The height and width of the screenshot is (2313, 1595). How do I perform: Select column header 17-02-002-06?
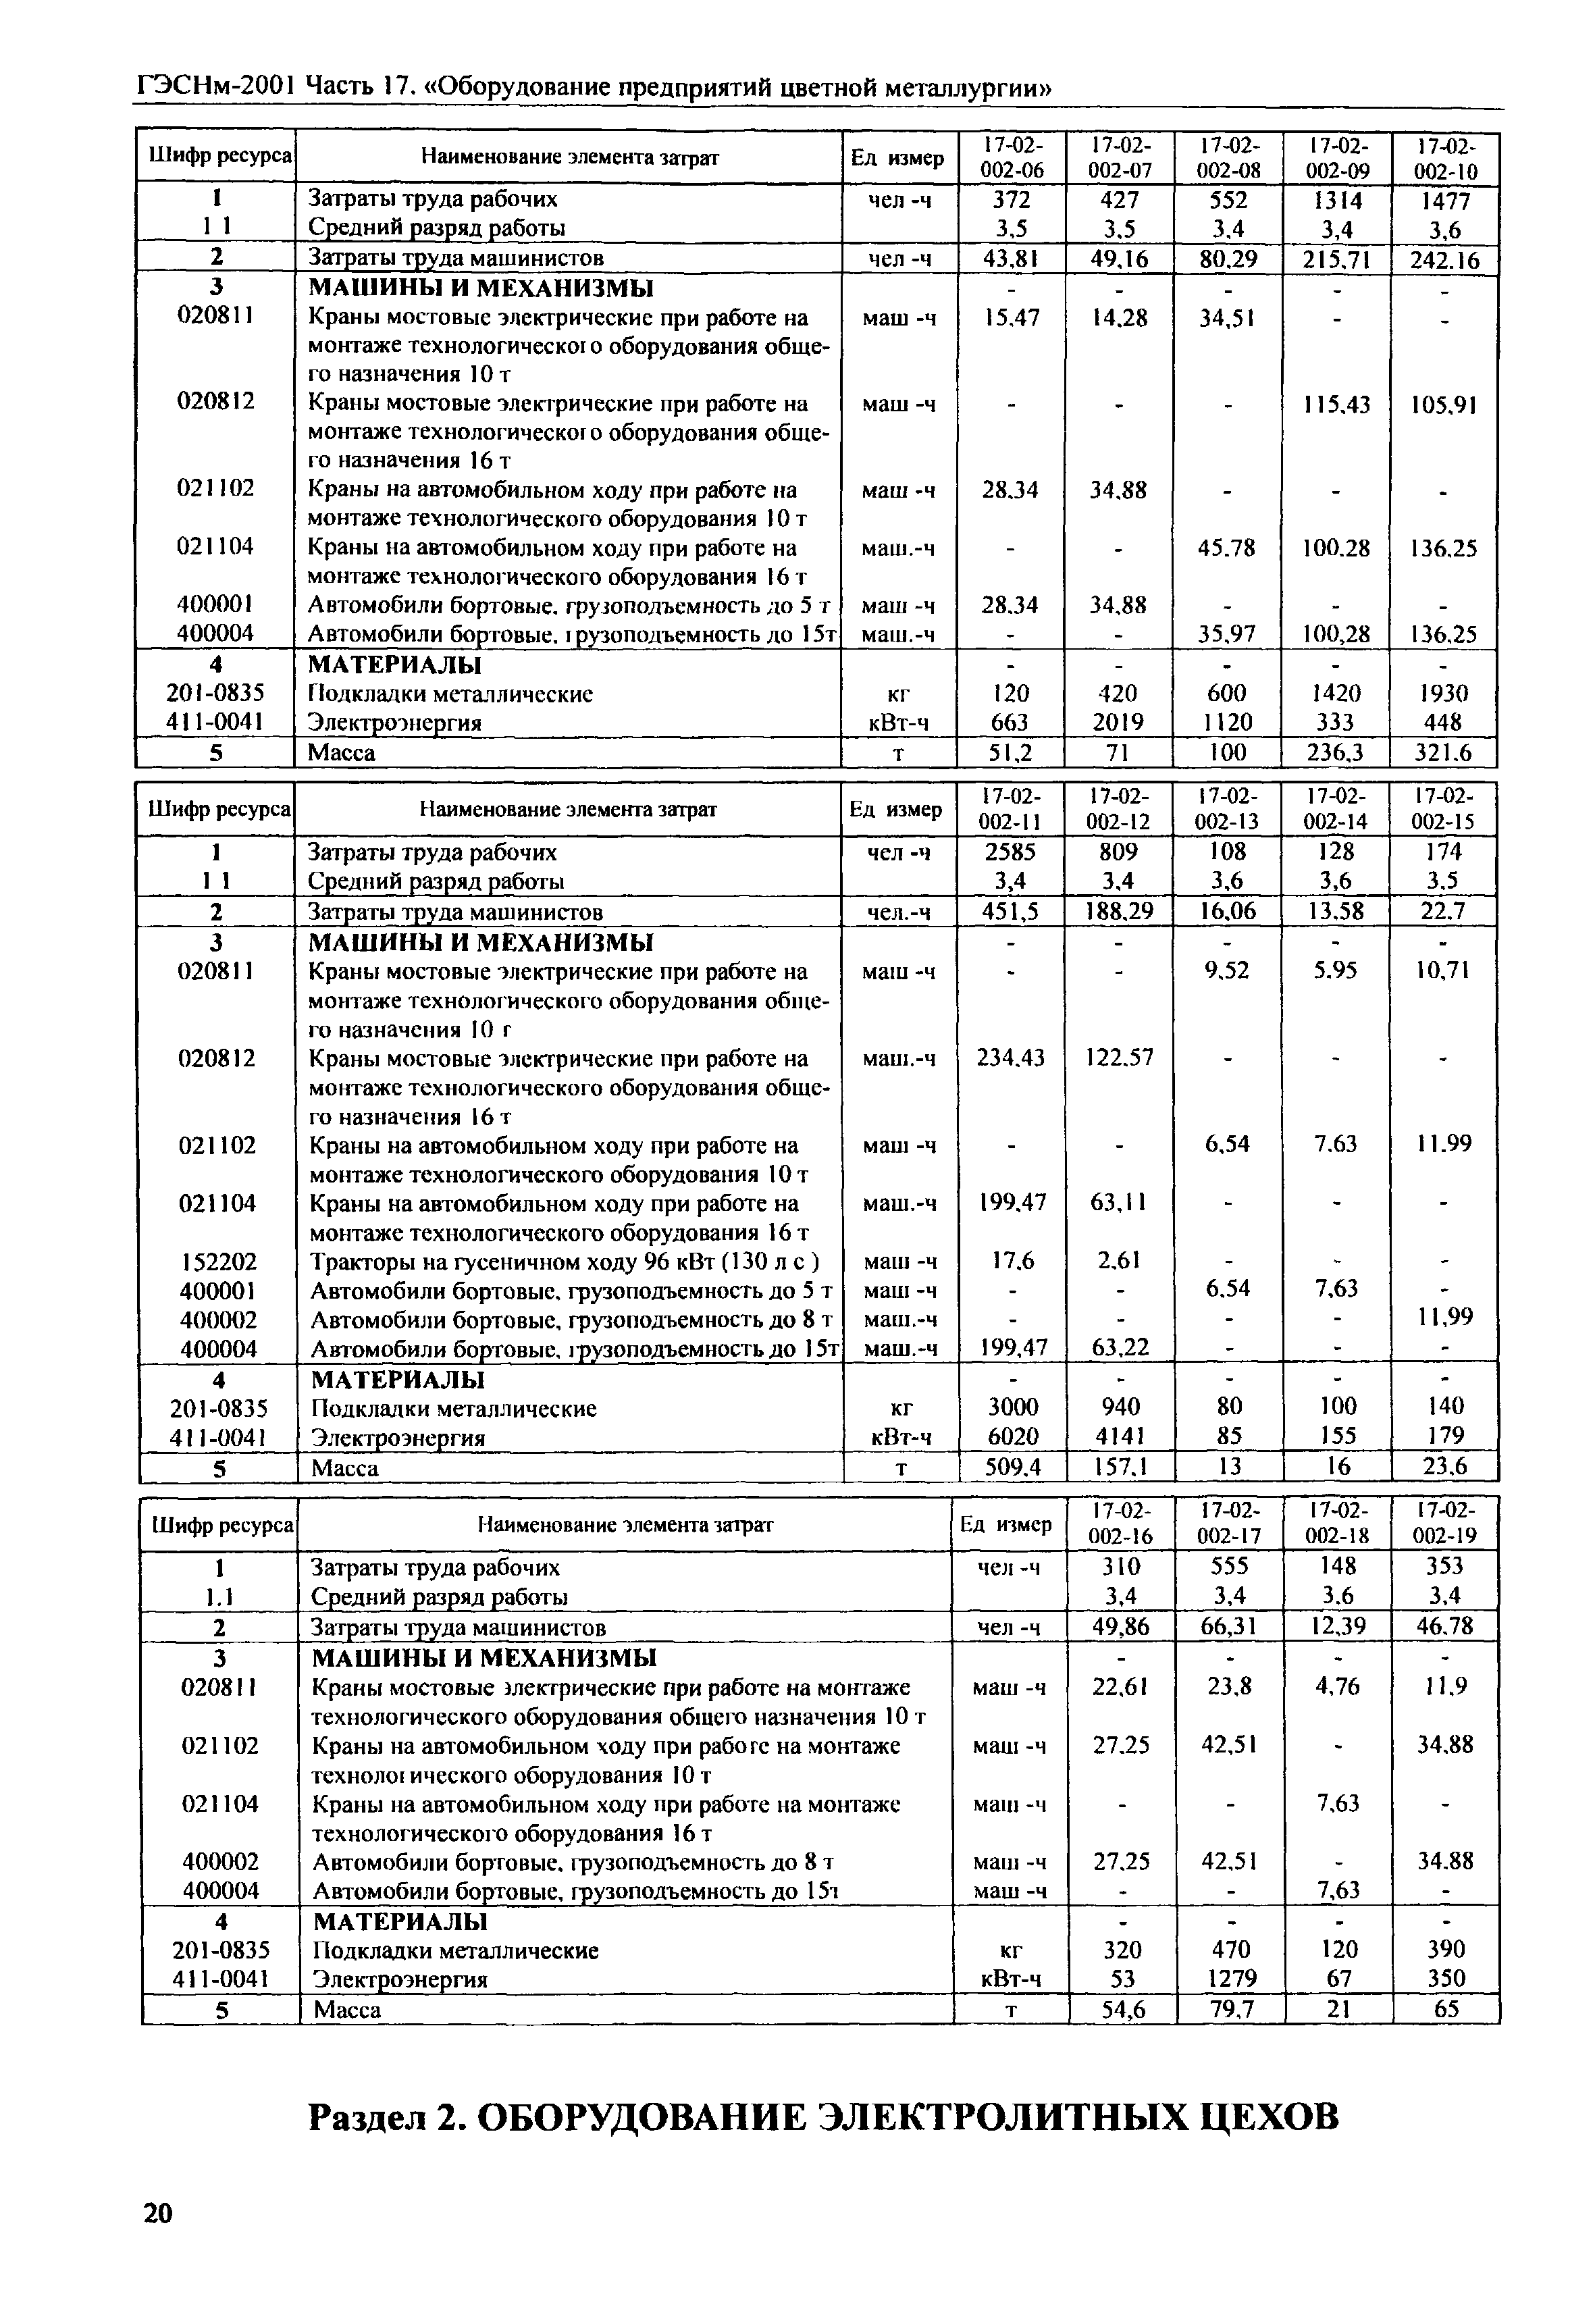click(x=1012, y=157)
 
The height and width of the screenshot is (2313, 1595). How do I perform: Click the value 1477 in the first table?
click(x=1444, y=200)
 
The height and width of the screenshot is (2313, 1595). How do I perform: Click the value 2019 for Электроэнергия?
click(x=1120, y=722)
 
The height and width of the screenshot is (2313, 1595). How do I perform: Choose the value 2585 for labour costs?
click(x=1010, y=852)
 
